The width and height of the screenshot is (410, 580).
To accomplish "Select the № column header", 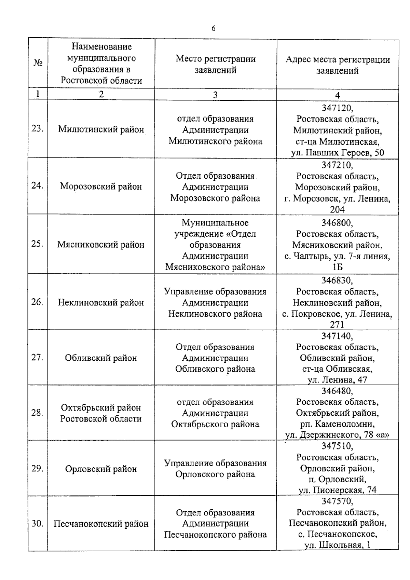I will coord(38,63).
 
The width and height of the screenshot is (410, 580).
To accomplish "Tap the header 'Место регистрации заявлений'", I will coord(216,64).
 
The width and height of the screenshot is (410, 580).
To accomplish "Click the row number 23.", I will coord(37,129).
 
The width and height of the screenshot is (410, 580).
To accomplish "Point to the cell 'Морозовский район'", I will coord(101,187).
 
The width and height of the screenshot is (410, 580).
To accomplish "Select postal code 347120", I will coord(337,108).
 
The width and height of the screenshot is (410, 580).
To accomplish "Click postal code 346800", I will coord(337,223).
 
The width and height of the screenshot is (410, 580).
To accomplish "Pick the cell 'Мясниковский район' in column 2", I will coord(101,245).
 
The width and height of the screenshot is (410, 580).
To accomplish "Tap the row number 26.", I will coord(37,302).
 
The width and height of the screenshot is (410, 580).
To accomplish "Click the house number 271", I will coord(337,324).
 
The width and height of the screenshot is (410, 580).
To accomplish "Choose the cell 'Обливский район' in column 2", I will coord(101,358).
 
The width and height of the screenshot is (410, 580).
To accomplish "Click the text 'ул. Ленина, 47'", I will coord(337,379).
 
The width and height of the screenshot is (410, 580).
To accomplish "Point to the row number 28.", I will coord(37,413).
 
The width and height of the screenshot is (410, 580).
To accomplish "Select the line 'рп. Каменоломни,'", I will coord(337,424).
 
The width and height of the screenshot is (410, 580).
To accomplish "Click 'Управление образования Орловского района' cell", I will coord(216,469).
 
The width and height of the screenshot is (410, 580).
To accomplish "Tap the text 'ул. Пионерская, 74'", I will coord(337,490).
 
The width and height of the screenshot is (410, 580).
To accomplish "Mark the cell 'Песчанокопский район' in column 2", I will coord(101,524).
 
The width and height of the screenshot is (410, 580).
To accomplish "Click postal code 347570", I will coord(337,501).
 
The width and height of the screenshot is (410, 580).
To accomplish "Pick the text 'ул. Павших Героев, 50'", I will coord(337,152).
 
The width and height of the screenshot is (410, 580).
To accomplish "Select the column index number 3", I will coord(215,95).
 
